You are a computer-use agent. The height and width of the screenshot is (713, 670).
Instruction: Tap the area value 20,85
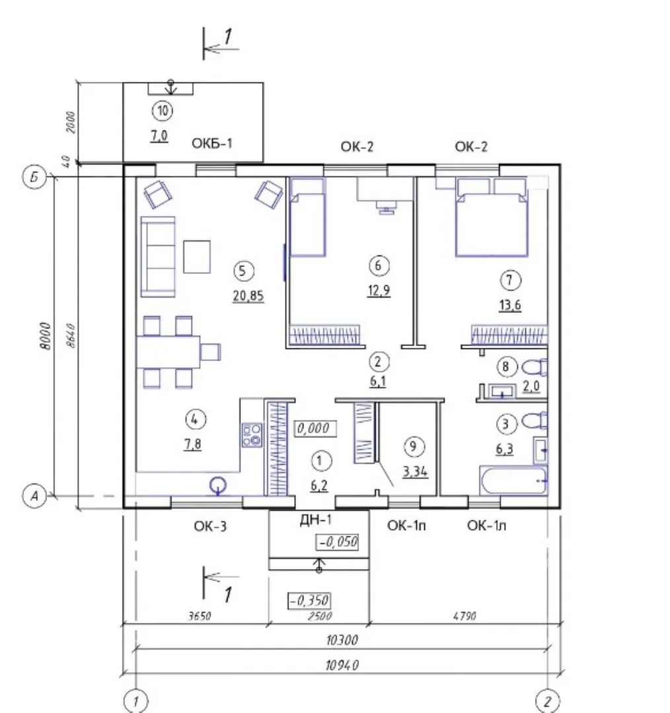(x=248, y=296)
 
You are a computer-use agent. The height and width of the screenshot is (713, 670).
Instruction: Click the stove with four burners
(x=252, y=434)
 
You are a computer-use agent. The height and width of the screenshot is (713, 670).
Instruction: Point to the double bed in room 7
(x=492, y=217)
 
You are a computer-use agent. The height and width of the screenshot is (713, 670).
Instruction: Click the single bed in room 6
(x=308, y=217)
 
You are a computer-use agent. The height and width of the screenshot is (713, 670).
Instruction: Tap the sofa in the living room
(x=158, y=257)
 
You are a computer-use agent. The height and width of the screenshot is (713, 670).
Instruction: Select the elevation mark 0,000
(x=315, y=428)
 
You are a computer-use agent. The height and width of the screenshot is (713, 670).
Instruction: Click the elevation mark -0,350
(x=309, y=601)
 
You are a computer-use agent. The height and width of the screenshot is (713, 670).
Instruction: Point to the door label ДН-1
(x=316, y=520)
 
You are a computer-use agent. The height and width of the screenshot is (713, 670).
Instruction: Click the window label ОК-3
(x=210, y=526)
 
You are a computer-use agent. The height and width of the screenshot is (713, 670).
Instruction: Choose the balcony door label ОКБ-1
(x=211, y=143)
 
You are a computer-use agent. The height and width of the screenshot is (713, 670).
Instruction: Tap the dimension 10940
(x=342, y=665)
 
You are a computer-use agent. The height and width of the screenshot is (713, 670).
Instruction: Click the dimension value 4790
(x=465, y=616)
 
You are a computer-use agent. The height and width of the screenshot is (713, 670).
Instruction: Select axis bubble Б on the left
(x=34, y=177)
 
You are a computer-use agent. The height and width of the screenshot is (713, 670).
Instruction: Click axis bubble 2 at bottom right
(x=548, y=701)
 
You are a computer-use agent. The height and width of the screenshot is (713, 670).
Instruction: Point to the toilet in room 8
(x=535, y=367)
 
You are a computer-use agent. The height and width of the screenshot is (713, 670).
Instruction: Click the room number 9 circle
(x=414, y=446)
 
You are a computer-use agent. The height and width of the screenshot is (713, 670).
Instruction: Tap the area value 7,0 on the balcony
(x=159, y=135)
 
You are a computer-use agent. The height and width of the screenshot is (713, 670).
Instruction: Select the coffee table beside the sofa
(x=197, y=257)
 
